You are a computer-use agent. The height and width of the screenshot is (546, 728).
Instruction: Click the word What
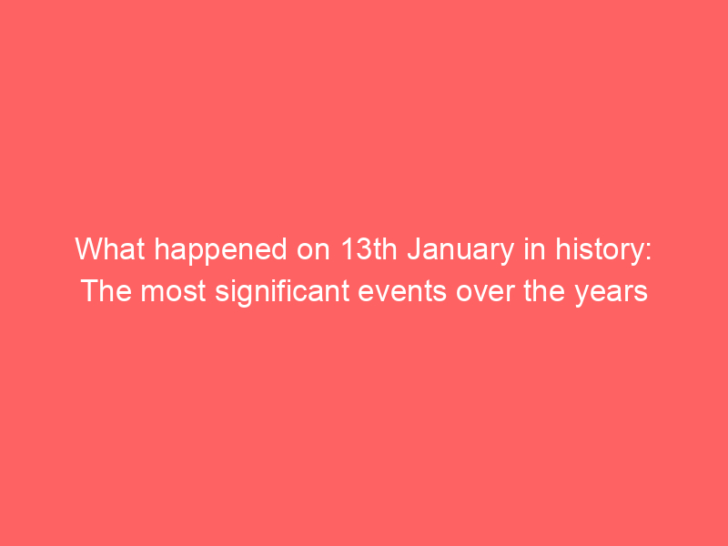coord(110,248)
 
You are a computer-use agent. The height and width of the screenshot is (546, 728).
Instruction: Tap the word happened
coord(220,252)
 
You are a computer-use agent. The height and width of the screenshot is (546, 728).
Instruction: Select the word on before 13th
coord(313,252)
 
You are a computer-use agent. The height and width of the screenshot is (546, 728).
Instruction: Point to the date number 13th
coord(369,248)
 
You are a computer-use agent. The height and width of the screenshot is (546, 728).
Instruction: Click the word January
coord(460,252)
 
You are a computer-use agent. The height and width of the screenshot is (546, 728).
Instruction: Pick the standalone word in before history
coord(534,248)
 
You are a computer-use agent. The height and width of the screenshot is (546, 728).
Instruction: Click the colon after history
coord(648,252)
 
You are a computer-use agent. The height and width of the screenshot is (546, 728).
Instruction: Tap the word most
coord(173,291)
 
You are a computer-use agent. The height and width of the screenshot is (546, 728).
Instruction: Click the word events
coord(402,291)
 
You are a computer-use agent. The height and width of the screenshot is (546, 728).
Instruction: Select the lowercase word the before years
coord(544,291)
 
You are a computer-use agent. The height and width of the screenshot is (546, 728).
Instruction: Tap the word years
coord(611,294)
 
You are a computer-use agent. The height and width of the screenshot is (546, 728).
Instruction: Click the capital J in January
coord(414,248)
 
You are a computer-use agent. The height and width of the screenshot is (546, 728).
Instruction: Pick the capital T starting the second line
coord(88,291)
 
